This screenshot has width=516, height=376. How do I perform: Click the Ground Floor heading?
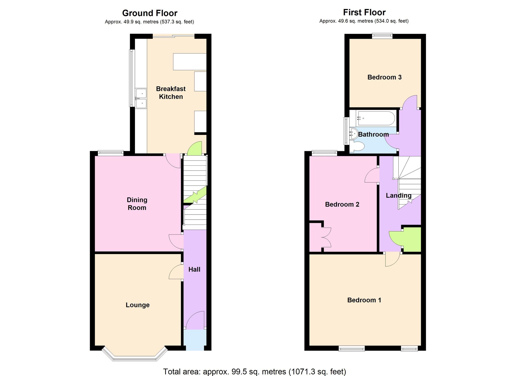(150, 13)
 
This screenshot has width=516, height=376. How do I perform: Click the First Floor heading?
(364, 12)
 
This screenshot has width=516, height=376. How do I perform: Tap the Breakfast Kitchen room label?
(171, 93)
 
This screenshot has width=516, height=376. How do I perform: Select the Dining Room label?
(137, 204)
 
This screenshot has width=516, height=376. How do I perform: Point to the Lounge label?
(138, 305)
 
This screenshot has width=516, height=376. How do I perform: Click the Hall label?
(194, 270)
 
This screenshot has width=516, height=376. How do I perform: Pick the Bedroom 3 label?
(384, 77)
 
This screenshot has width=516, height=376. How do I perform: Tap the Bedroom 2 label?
(342, 204)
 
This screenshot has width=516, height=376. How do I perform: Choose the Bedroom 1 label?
(364, 300)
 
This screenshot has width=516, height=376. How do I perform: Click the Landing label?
(399, 196)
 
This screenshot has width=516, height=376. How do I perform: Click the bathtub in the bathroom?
(375, 118)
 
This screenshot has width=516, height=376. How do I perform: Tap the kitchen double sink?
(141, 98)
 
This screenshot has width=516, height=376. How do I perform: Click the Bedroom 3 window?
(382, 36)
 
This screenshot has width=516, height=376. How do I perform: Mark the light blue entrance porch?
(195, 340)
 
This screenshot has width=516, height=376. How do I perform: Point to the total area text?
(254, 372)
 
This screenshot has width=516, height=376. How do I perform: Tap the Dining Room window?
(110, 153)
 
